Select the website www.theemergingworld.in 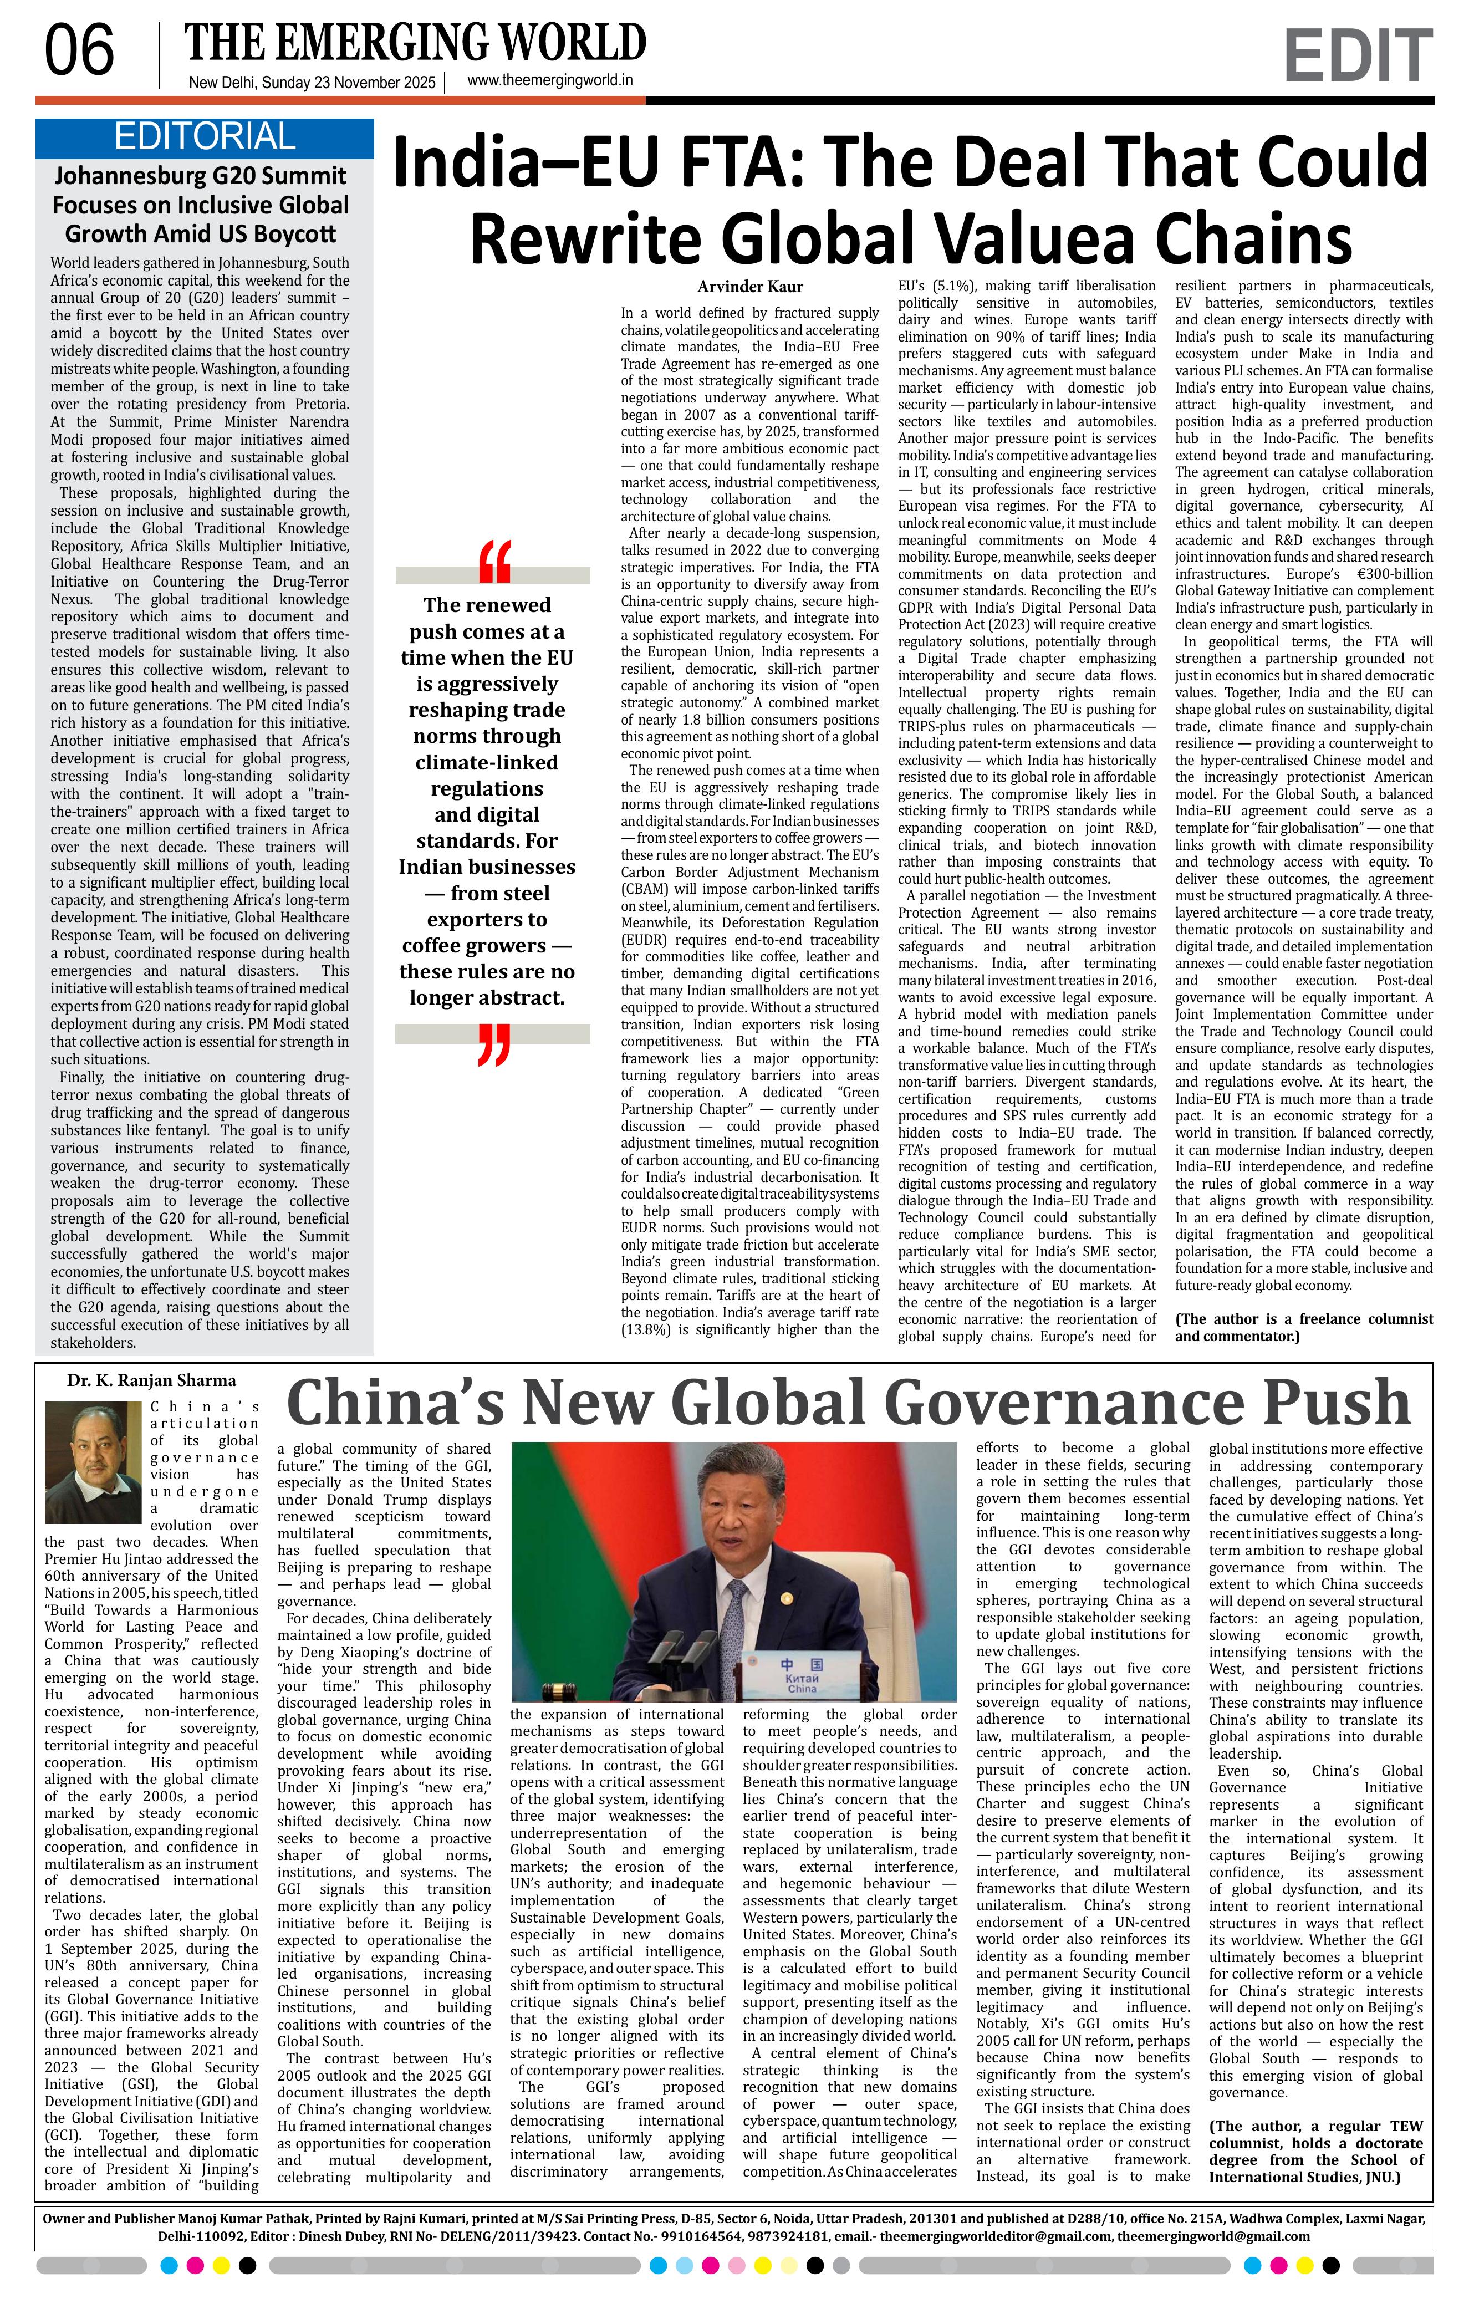pyautogui.click(x=549, y=81)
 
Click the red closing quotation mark pyautogui.click(x=493, y=1046)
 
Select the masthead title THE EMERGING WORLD pyautogui.click(x=415, y=43)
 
